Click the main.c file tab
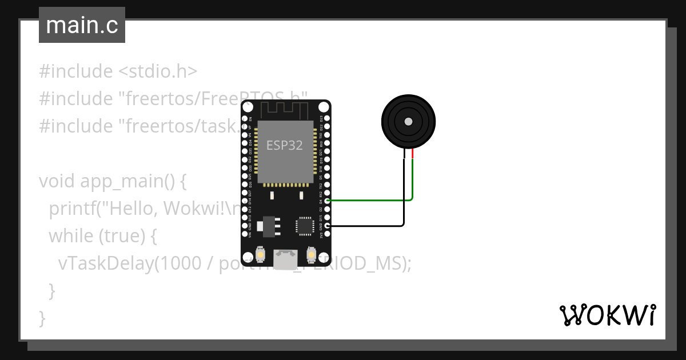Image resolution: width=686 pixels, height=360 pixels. point(82,25)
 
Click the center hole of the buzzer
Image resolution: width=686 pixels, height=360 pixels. point(408,122)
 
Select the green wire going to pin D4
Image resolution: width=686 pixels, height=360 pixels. point(372,201)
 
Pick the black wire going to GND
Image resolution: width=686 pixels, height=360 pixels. point(372,226)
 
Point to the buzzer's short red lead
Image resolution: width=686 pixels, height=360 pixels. point(413,153)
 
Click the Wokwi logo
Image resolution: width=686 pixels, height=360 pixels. point(607,315)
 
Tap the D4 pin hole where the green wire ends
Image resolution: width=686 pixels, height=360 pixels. point(327,201)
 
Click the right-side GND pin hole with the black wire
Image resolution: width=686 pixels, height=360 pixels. point(327,226)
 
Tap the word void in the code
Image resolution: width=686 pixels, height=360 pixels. point(57,181)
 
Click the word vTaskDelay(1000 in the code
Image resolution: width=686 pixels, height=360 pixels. point(106,263)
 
